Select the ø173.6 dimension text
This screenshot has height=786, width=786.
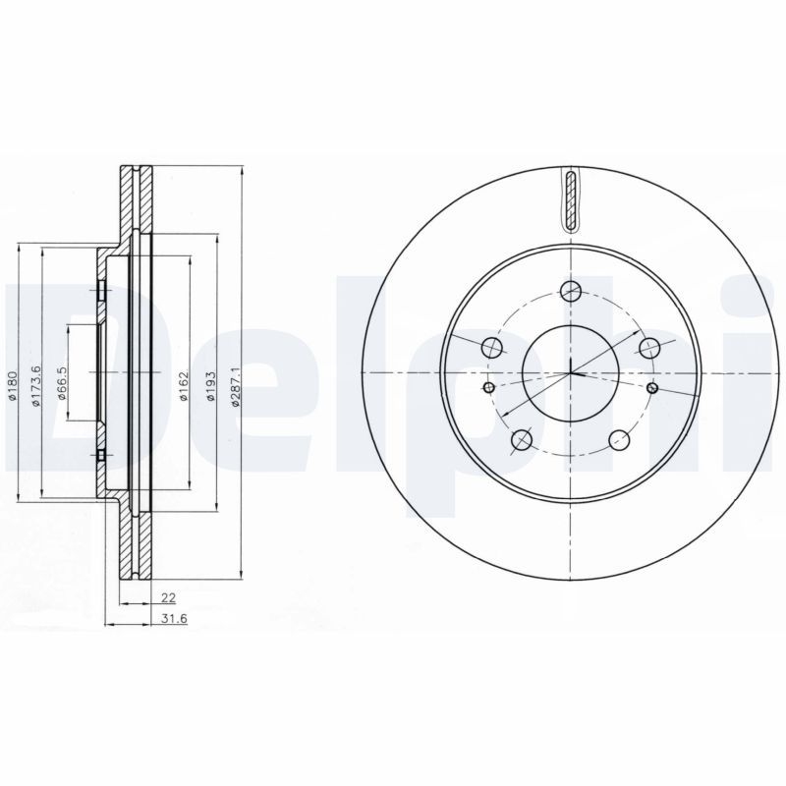pyautogui.click(x=35, y=385)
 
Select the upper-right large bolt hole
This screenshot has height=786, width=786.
pyautogui.click(x=648, y=347)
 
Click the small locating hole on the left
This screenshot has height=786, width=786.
pyautogui.click(x=488, y=388)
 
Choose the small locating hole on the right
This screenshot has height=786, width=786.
pyautogui.click(x=653, y=388)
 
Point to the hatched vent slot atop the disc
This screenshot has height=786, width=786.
pyautogui.click(x=571, y=200)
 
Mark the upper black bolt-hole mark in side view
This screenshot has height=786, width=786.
pyautogui.click(x=101, y=290)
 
